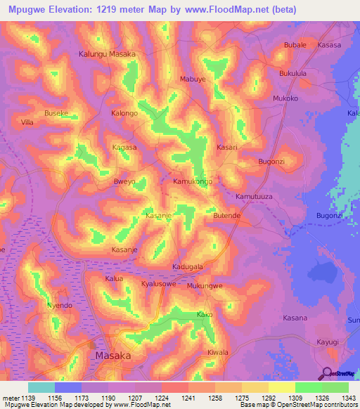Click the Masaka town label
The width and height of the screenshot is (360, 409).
point(112,356)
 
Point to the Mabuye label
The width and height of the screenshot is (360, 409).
point(193,79)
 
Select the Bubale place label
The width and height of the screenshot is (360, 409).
point(295,45)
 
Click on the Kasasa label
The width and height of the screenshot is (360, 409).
point(329,45)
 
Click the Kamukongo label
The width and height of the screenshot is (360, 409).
point(193,181)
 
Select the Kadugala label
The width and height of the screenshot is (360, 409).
point(188,267)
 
